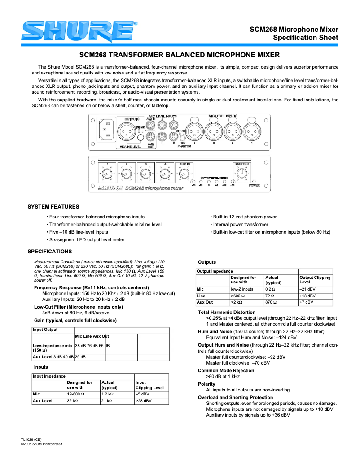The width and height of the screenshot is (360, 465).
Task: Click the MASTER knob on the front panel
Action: [241, 174]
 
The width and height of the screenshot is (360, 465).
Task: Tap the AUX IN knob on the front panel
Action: [184, 174]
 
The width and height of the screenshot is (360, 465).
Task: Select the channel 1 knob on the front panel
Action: [107, 174]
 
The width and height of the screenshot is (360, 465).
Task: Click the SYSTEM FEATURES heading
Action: [53, 207]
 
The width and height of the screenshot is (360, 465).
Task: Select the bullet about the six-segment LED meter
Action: [86, 239]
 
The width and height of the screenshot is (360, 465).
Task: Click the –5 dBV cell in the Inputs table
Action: [142, 394]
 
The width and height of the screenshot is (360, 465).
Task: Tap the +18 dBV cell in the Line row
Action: [307, 296]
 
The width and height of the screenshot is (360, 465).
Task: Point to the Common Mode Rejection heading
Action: [226, 370]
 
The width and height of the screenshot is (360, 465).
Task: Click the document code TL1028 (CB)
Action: [31, 439]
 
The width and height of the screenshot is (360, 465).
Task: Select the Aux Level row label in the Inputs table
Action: [43, 401]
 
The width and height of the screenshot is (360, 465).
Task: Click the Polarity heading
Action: [206, 384]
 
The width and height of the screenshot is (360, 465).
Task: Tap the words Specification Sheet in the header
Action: [306, 38]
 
